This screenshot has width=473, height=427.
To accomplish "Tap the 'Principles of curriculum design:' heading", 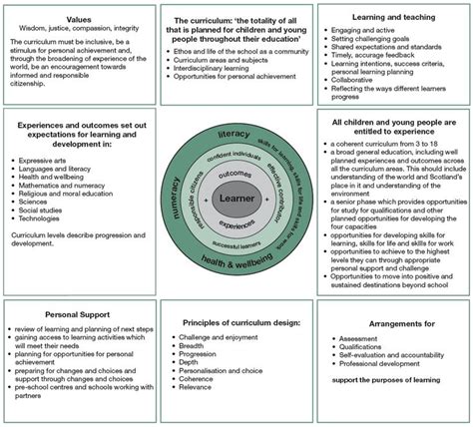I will click(x=236, y=322).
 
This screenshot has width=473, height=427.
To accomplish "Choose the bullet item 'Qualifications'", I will click(x=368, y=348).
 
